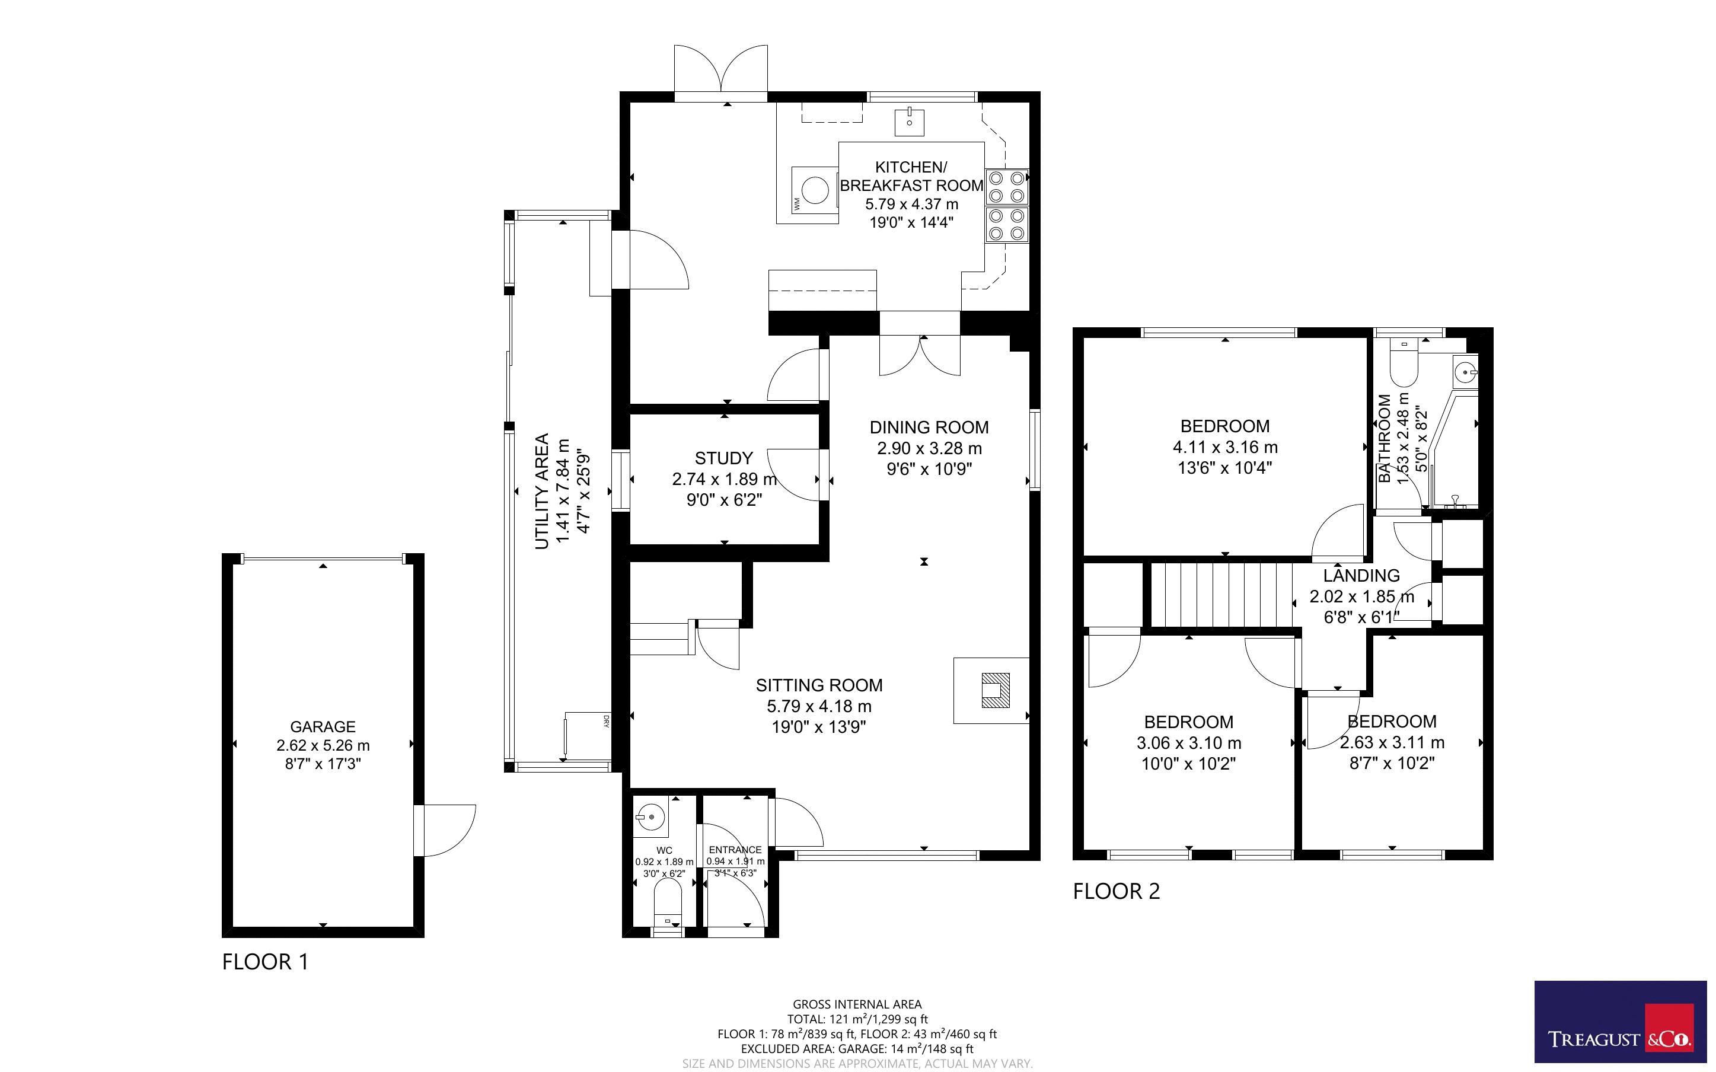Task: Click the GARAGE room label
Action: [x=323, y=727]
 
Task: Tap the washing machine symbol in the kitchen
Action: [x=808, y=195]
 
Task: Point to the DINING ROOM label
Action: [x=929, y=427]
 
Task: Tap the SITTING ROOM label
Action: [x=819, y=685]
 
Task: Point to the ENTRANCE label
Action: [x=735, y=850]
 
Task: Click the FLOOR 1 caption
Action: [x=266, y=962]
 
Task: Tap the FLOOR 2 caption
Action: [x=1117, y=891]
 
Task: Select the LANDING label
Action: [x=1361, y=576]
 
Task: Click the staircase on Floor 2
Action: [x=1220, y=595]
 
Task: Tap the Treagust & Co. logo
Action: [x=1621, y=1022]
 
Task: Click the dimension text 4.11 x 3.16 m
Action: [x=1225, y=448]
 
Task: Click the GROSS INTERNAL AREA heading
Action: [x=857, y=1004]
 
